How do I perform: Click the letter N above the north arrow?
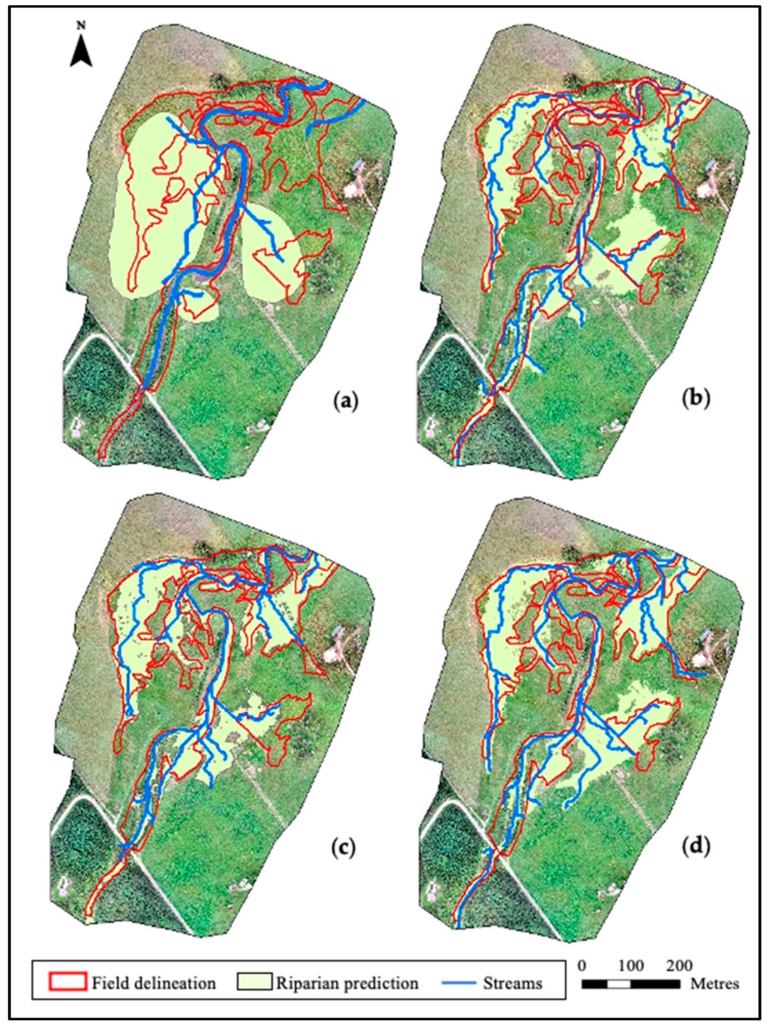(x=81, y=26)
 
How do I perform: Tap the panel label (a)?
(x=346, y=399)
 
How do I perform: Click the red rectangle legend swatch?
(x=68, y=981)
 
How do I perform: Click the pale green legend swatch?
(x=255, y=981)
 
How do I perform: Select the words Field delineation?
(x=154, y=983)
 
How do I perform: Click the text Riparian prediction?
(x=347, y=983)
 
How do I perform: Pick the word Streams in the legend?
(x=512, y=983)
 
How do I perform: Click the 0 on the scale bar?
(x=581, y=965)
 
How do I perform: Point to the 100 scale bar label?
(x=631, y=965)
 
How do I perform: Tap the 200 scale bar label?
(x=679, y=965)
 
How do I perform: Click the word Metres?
(x=715, y=984)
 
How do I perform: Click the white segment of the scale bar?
(x=619, y=984)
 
